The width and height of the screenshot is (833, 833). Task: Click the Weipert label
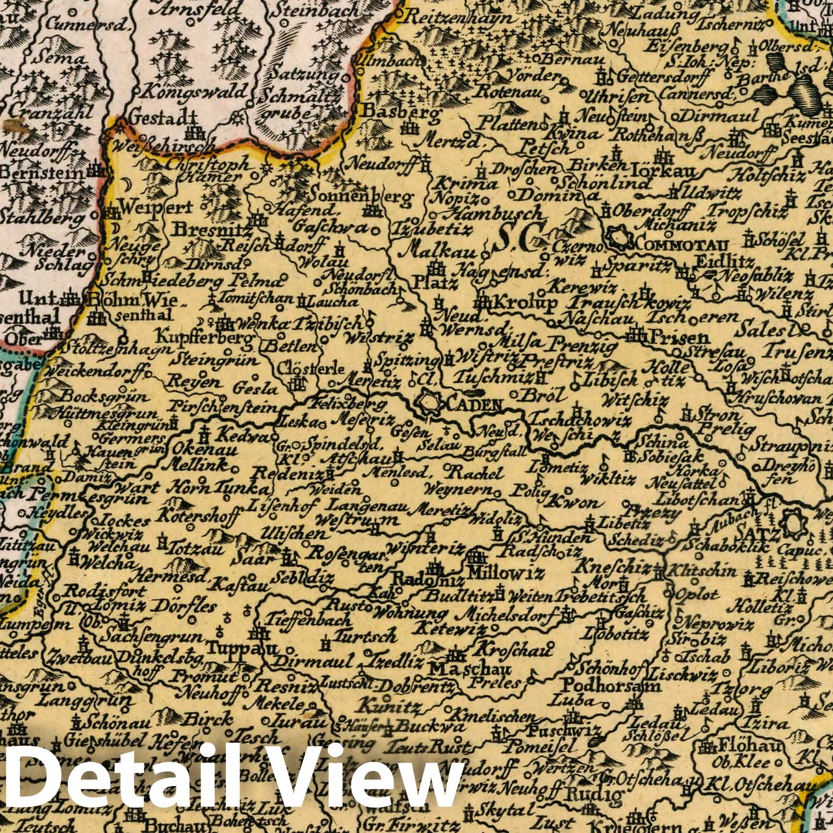coord(156,207)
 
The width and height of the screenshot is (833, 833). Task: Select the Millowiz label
coord(506,573)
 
